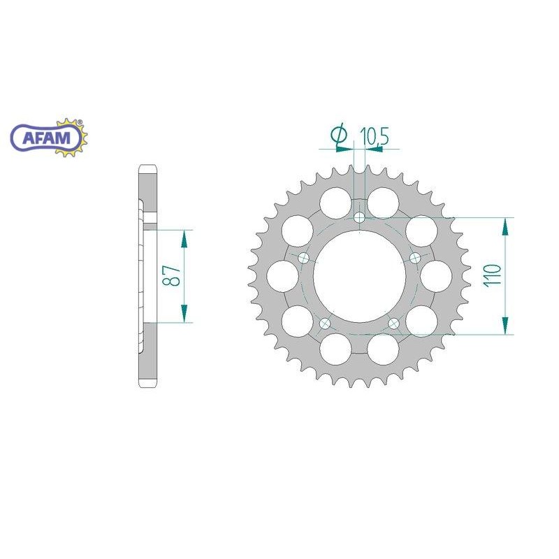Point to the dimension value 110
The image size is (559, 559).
[x=495, y=276]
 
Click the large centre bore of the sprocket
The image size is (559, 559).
[x=359, y=276]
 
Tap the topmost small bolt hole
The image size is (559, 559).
[x=359, y=217]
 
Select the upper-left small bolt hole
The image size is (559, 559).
[x=303, y=258]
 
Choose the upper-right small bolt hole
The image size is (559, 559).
[x=415, y=258]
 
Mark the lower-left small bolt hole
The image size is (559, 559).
[x=324, y=324]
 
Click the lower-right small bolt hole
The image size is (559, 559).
[x=394, y=324]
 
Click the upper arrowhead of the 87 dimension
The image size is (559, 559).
[x=184, y=238]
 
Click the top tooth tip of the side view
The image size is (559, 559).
[x=147, y=168]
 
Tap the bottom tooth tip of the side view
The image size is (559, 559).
[x=147, y=386]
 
